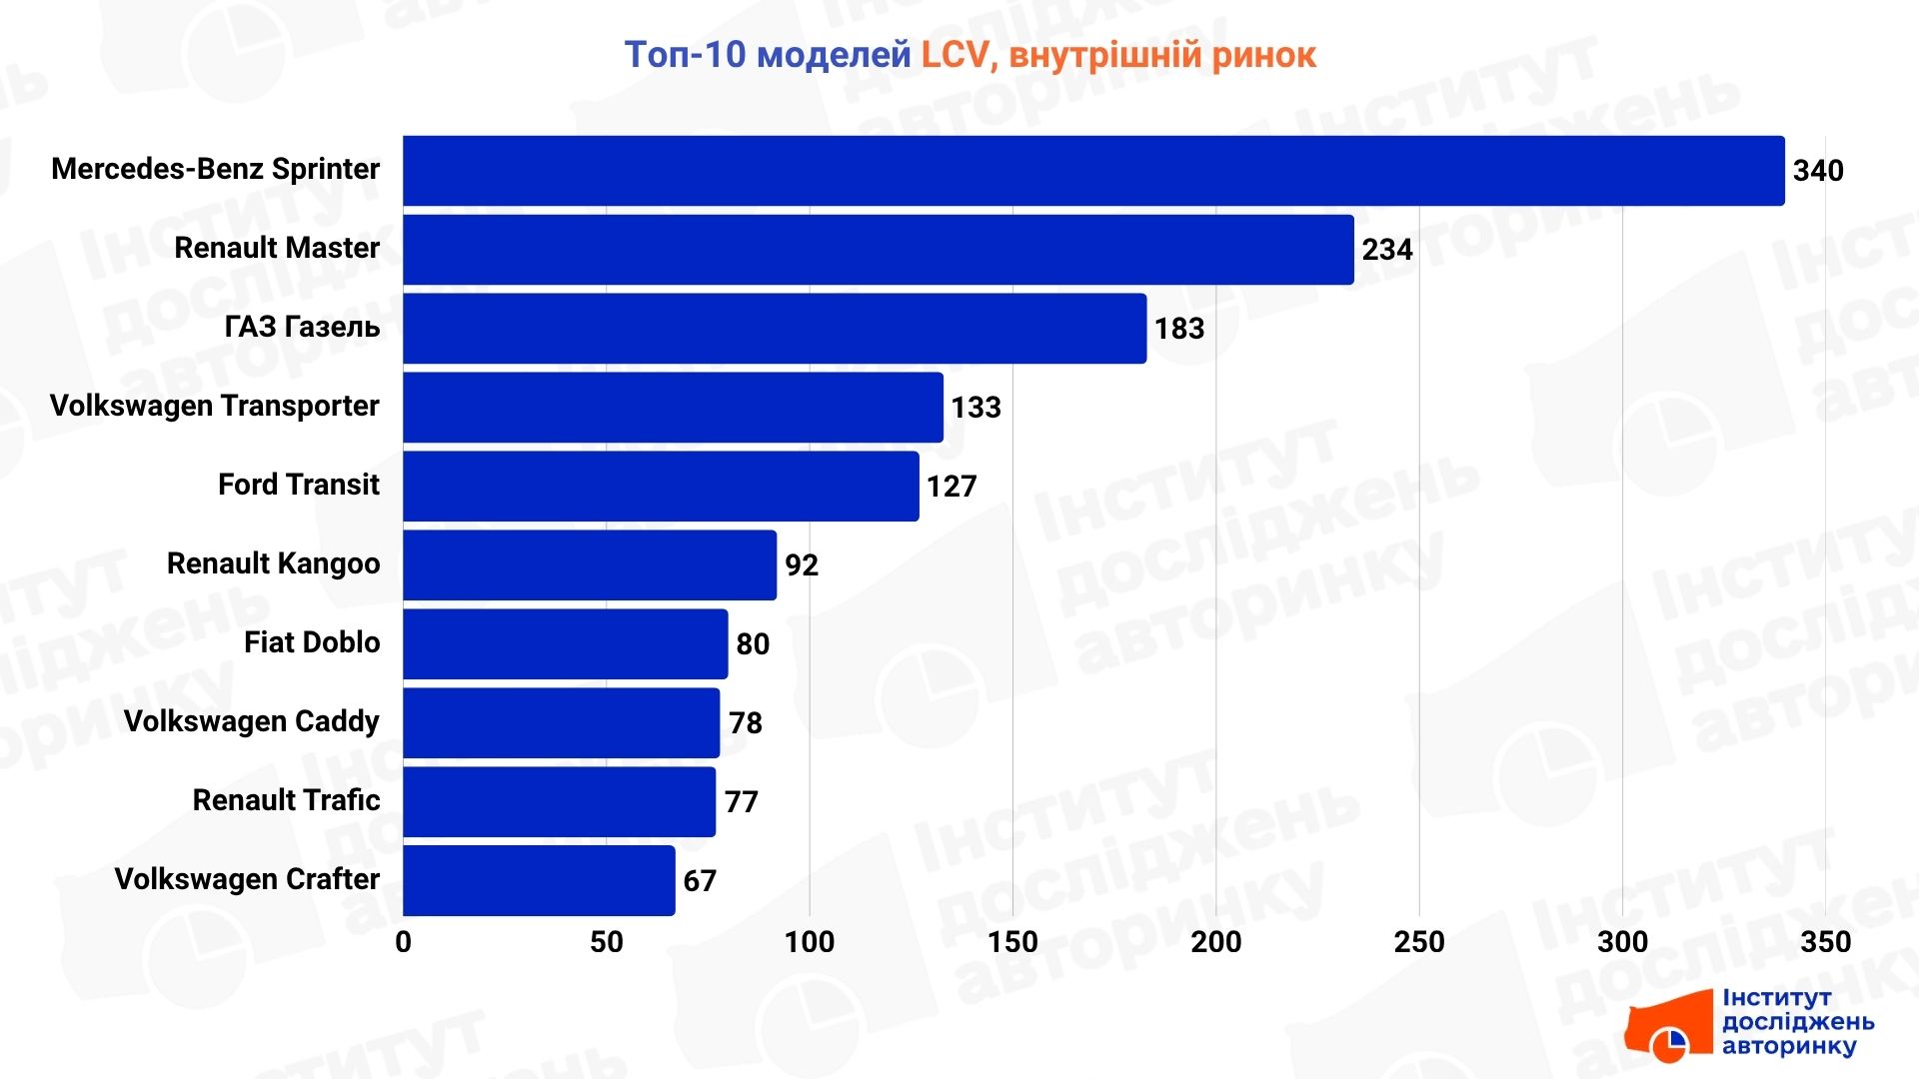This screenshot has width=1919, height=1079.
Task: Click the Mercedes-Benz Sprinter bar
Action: tap(1093, 171)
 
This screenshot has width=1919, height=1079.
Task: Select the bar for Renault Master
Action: tap(878, 250)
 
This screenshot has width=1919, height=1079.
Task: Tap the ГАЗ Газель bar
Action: tap(775, 329)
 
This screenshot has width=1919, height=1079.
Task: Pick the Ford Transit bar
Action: tap(661, 487)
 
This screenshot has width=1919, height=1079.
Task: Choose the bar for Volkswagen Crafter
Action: tap(539, 880)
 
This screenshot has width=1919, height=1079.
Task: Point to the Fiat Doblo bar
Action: tap(565, 644)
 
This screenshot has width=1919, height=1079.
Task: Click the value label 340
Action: tap(1817, 171)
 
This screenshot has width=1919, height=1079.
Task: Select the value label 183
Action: tap(1178, 329)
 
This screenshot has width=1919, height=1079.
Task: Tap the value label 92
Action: tap(801, 565)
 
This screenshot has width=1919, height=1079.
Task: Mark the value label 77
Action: tap(741, 802)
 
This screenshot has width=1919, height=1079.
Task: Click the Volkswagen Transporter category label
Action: tap(214, 406)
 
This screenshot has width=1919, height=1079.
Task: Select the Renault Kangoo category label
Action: tap(273, 563)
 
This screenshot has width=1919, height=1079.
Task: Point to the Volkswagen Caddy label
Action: tap(251, 721)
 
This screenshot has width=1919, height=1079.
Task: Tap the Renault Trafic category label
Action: tap(286, 800)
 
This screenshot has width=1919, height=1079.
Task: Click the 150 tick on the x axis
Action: tap(1012, 942)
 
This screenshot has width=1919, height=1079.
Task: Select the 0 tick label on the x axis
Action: tap(403, 942)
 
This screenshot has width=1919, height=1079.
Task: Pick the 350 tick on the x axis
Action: tap(1825, 942)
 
